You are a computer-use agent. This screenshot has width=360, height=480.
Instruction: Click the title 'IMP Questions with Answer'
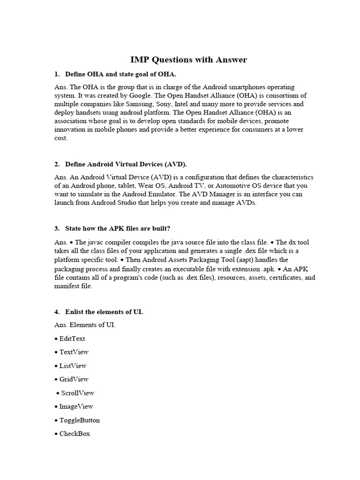click(188, 60)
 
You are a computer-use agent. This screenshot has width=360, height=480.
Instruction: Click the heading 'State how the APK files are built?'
click(118, 228)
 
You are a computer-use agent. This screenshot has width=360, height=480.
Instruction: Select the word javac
click(95, 242)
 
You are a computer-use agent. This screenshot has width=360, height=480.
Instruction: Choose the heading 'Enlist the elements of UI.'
click(104, 311)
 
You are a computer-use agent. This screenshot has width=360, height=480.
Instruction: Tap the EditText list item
click(72, 338)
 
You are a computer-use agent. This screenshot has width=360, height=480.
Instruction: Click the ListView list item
click(73, 366)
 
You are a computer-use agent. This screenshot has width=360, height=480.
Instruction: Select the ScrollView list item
click(77, 393)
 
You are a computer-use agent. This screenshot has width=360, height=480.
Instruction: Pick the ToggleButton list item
click(79, 420)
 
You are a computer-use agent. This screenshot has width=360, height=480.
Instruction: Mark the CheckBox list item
click(75, 434)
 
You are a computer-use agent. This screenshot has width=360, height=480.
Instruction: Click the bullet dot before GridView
click(56, 380)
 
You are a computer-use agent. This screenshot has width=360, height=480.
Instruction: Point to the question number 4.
click(56, 311)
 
